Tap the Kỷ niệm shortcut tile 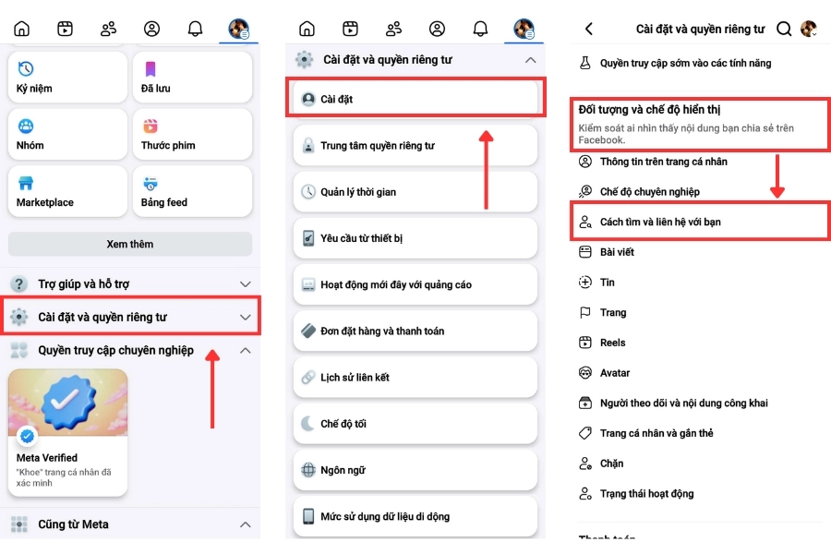(67, 78)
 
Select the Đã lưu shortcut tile (192, 78)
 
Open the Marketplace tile (67, 191)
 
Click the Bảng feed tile (192, 191)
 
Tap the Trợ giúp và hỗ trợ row (130, 284)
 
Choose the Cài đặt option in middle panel (415, 99)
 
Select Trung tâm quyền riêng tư (415, 146)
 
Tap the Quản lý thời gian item (415, 192)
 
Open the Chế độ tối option (415, 424)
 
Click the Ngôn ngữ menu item (415, 470)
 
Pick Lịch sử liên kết (415, 378)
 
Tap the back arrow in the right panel (589, 30)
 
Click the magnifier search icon (784, 30)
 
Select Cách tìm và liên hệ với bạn (660, 223)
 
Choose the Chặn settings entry (611, 464)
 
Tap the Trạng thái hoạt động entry (646, 494)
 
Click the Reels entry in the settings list (612, 343)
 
